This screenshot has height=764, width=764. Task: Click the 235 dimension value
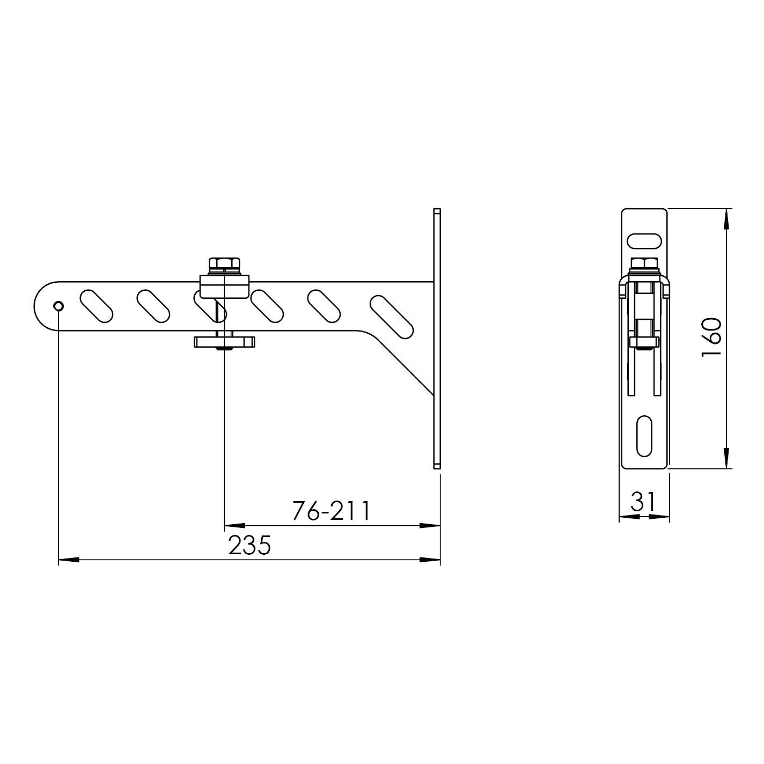[250, 546]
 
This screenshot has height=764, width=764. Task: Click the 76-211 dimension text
[331, 511]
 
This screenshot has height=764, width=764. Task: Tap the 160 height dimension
[711, 337]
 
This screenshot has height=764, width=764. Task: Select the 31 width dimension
[643, 502]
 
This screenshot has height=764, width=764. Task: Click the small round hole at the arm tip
[58, 306]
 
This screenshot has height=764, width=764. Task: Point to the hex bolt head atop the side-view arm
[225, 265]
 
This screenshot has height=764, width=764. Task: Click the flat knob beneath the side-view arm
[224, 341]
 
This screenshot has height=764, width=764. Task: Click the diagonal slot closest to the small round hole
[96, 306]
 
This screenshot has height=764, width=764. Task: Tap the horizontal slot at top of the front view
[644, 241]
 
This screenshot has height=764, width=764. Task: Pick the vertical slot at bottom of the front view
[644, 435]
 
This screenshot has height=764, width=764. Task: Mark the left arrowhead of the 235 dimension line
[68, 560]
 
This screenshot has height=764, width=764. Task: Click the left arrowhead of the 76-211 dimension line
[234, 526]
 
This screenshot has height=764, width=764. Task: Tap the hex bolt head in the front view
[644, 263]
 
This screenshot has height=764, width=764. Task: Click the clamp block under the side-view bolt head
[225, 286]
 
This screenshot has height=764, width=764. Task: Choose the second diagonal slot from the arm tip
[153, 306]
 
